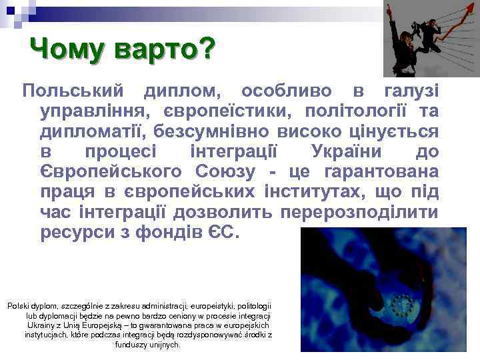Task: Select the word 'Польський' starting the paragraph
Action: point(71,89)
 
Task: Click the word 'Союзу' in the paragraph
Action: point(226,172)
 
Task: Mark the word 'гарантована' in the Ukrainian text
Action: point(381,172)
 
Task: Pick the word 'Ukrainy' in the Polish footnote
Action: point(43,325)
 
